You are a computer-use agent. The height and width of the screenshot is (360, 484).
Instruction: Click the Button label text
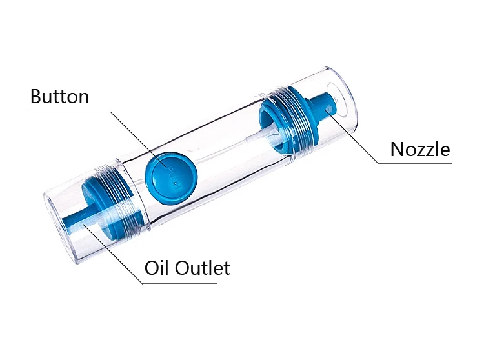(59, 97)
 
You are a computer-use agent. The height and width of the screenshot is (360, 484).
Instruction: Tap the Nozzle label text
(419, 149)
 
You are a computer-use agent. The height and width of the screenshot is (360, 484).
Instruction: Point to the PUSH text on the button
(169, 174)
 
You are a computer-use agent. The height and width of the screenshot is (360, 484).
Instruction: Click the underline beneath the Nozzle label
(419, 163)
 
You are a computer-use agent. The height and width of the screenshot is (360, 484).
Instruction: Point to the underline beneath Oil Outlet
(187, 283)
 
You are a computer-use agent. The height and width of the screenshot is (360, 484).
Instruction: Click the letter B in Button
(36, 97)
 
